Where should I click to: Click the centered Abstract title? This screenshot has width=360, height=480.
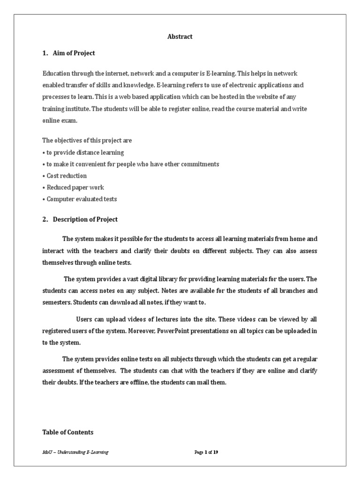[x=180, y=37]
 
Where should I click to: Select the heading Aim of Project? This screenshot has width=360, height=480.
[x=74, y=53]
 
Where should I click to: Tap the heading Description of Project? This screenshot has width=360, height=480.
[x=85, y=219]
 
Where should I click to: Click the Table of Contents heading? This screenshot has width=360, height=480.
[x=68, y=432]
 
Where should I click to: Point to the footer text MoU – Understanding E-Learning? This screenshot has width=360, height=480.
[x=75, y=452]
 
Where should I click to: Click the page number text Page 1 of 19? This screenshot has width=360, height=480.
[x=206, y=452]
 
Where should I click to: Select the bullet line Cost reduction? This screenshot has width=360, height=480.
[x=66, y=176]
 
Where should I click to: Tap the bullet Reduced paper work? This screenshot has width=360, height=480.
[x=75, y=187]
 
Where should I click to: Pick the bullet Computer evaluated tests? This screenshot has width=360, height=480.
[x=82, y=199]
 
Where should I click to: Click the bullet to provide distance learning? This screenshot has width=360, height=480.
[x=85, y=152]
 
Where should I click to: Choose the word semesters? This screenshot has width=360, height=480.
[x=57, y=302]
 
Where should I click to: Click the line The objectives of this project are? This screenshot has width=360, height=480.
[x=88, y=141]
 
